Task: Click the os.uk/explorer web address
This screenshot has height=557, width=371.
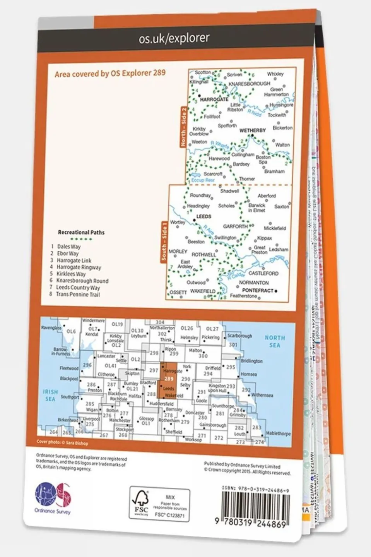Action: point(174,38)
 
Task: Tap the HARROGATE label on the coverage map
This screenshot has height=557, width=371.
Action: point(214,99)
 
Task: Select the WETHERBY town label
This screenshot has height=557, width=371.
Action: point(252,131)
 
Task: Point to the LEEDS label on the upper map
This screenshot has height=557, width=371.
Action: point(204,217)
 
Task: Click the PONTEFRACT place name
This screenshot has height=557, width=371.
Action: point(258,290)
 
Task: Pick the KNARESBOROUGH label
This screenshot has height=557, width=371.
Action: point(249,84)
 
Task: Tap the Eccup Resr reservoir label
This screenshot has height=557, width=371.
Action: point(203,180)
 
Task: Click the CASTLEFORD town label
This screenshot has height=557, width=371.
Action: point(263,273)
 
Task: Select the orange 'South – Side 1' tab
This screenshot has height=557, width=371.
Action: point(164,241)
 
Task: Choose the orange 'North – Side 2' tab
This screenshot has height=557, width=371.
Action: point(184,127)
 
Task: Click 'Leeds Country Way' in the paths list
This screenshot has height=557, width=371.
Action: point(78,288)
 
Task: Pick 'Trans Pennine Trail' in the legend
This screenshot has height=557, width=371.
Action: point(78,295)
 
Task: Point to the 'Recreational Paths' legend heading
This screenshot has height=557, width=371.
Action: point(81,233)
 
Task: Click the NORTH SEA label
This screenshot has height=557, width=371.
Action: point(274,341)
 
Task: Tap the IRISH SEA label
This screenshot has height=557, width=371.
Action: point(50,395)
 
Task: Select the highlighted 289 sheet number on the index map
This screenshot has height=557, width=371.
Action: point(169,379)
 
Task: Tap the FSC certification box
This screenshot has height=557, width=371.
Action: point(159,504)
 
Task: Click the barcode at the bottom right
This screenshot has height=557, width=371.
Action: point(256,511)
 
